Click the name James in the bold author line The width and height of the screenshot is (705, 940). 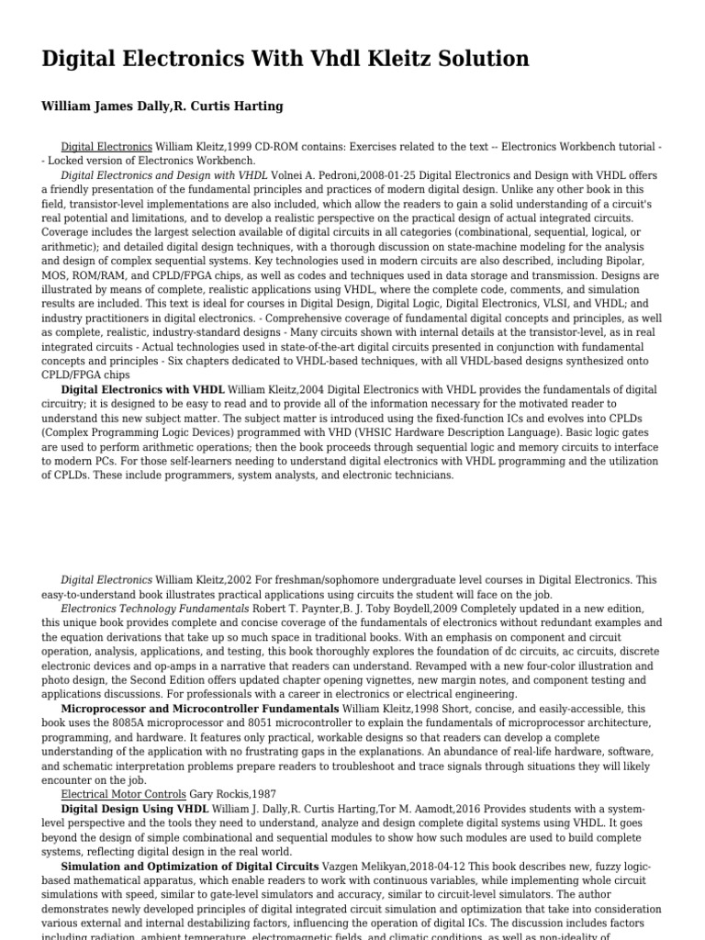(124, 106)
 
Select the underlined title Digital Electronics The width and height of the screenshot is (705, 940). (106, 146)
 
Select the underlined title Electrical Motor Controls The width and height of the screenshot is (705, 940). (123, 794)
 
